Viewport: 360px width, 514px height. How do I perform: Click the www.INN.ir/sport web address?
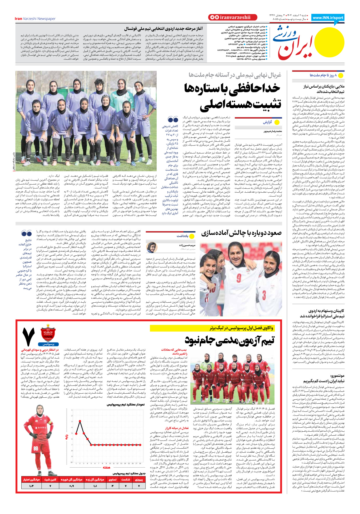tap(328, 18)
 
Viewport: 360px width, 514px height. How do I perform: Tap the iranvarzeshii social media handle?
tap(235, 17)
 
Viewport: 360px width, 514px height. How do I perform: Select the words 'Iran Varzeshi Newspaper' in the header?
tap(35, 19)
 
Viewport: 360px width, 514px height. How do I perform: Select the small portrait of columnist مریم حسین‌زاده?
tap(152, 247)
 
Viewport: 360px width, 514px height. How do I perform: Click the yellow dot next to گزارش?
tap(277, 122)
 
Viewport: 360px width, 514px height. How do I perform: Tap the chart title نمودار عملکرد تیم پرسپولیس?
tap(126, 404)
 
